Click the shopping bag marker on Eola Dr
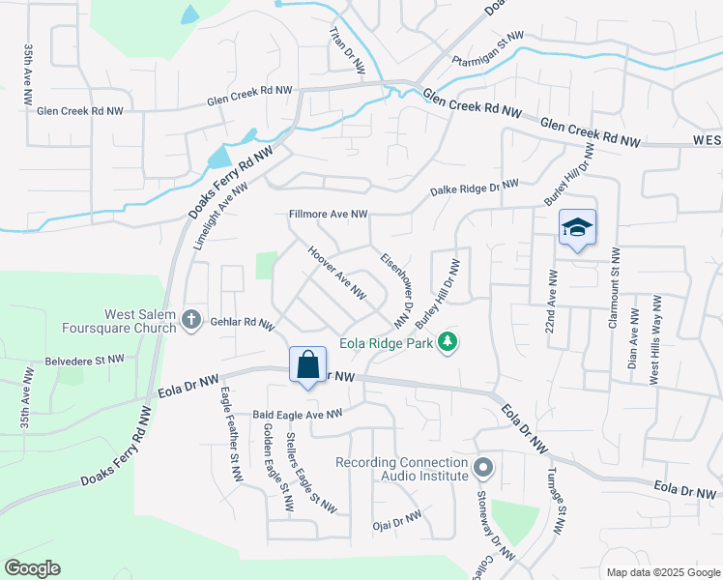[307, 366]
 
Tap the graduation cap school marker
[577, 228]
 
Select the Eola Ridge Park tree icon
[447, 342]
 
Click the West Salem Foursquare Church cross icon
[191, 319]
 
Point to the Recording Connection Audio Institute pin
[484, 469]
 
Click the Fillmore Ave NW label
[328, 214]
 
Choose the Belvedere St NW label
[84, 360]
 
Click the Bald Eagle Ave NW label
[298, 414]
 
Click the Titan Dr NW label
[346, 50]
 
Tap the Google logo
[32, 568]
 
